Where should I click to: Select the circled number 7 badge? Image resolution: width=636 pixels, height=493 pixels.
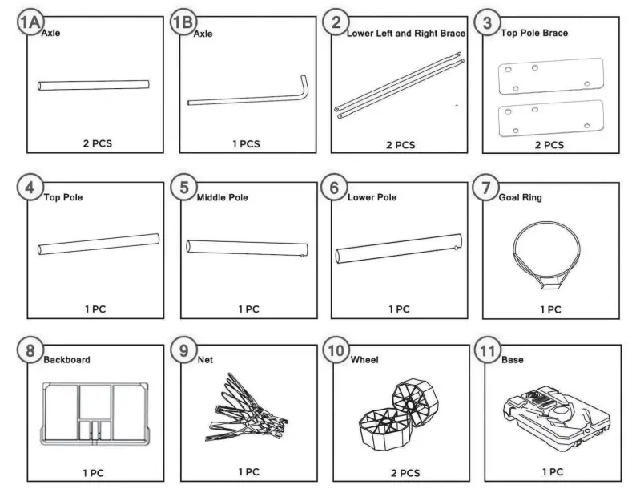[486, 188]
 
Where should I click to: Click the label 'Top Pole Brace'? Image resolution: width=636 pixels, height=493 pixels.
[534, 34]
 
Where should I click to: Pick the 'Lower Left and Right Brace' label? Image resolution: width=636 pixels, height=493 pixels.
[405, 34]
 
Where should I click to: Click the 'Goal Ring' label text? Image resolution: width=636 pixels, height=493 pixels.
[521, 197]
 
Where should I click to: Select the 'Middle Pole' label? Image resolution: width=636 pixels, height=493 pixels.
[223, 197]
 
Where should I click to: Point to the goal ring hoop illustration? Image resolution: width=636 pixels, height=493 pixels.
[549, 249]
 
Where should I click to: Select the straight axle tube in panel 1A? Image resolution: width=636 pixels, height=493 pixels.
[94, 85]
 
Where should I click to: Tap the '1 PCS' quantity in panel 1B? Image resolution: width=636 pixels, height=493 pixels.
[246, 144]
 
